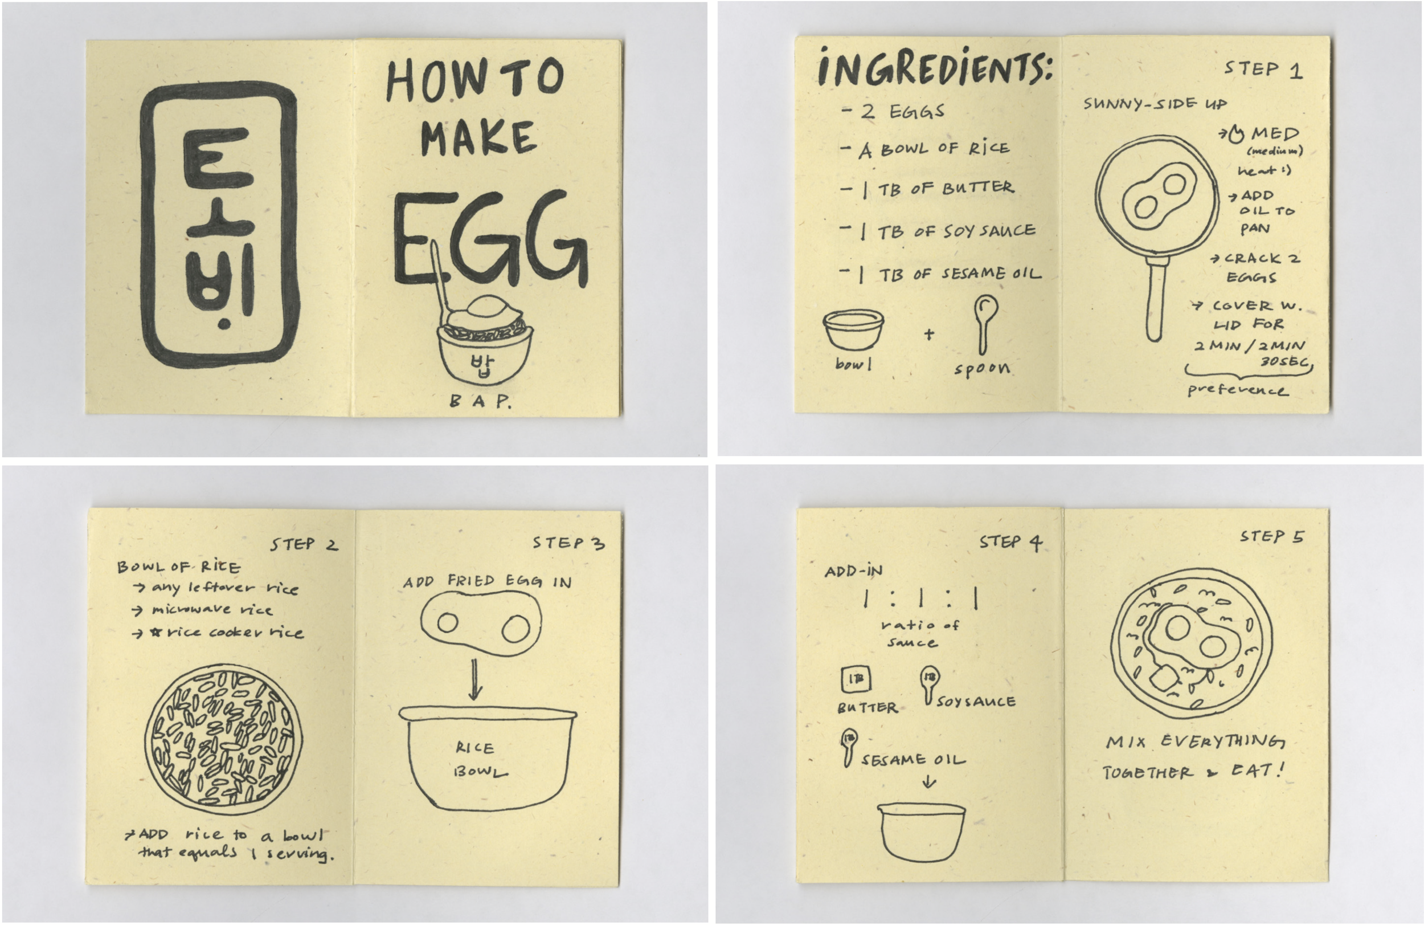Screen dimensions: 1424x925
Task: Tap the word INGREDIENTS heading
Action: pos(935,69)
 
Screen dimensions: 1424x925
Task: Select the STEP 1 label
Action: pos(1263,70)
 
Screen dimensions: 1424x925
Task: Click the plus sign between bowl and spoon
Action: pos(928,334)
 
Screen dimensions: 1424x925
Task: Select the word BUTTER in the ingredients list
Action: pos(978,188)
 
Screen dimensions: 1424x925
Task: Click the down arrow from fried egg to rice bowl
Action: pos(474,679)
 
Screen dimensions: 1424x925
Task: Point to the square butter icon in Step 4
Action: pos(856,679)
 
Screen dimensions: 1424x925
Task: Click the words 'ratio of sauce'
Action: pos(918,633)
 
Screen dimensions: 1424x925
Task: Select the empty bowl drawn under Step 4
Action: pos(922,832)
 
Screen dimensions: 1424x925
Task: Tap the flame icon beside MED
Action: pos(1236,135)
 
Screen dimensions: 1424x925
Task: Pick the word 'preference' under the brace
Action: pos(1237,390)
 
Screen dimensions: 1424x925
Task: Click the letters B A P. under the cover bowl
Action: pos(480,401)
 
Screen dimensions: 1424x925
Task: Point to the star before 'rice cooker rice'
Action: pos(157,632)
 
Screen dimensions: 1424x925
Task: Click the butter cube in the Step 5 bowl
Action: pos(1163,678)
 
